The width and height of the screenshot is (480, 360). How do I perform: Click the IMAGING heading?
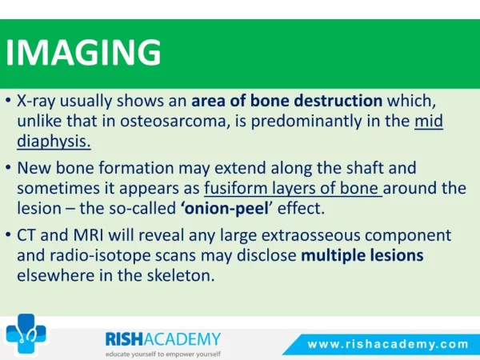tap(83, 52)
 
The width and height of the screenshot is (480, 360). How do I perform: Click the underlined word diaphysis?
tap(54, 141)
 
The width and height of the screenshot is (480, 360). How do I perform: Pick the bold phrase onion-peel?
tap(226, 209)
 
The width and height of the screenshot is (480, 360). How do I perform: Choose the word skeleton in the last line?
tap(181, 275)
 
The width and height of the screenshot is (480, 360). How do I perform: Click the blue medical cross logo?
tap(26, 334)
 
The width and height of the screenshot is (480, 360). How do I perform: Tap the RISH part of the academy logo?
tap(124, 339)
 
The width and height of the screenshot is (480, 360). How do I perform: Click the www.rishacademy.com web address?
tap(388, 344)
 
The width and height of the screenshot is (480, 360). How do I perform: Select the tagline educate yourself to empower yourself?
tap(163, 354)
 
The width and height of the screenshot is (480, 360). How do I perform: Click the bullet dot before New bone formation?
tap(9, 168)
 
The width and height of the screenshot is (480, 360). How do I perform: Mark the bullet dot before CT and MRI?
tap(9, 235)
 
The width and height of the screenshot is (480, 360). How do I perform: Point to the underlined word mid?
tap(429, 121)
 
